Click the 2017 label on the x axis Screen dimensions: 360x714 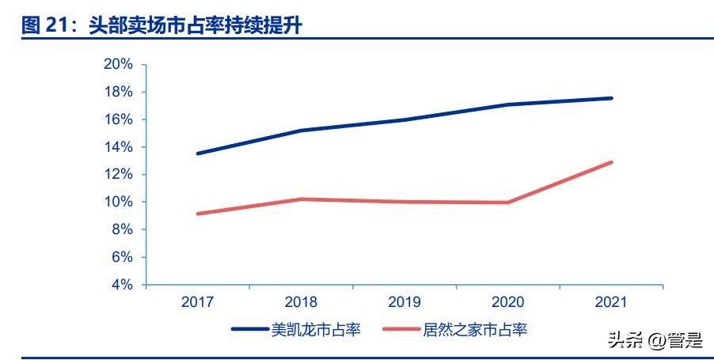(x=197, y=302)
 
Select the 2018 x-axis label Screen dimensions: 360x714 (x=300, y=302)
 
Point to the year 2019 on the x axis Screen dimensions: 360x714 (x=404, y=302)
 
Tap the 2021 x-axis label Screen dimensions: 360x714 (x=610, y=302)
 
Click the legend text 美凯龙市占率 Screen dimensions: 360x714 (x=316, y=329)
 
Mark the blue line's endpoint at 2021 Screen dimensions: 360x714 (x=611, y=98)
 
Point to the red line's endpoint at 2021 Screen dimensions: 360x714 (x=611, y=162)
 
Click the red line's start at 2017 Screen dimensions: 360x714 (x=197, y=214)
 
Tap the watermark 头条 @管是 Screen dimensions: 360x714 (x=655, y=340)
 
